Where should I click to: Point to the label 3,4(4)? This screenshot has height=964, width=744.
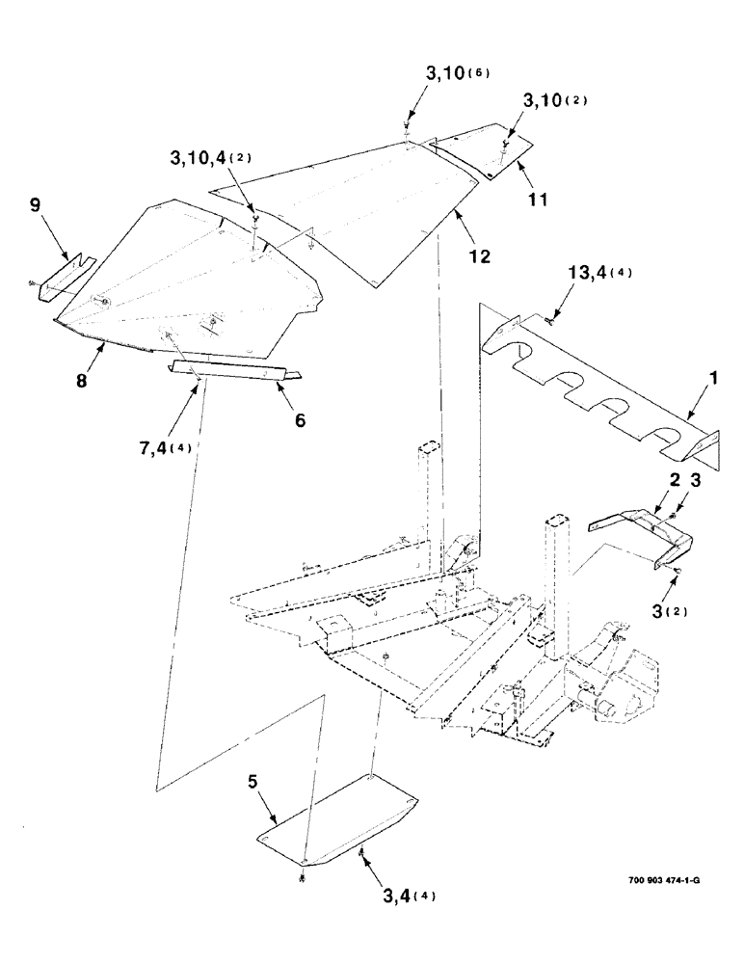tap(395, 894)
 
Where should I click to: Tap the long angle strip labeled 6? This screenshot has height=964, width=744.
tap(231, 371)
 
